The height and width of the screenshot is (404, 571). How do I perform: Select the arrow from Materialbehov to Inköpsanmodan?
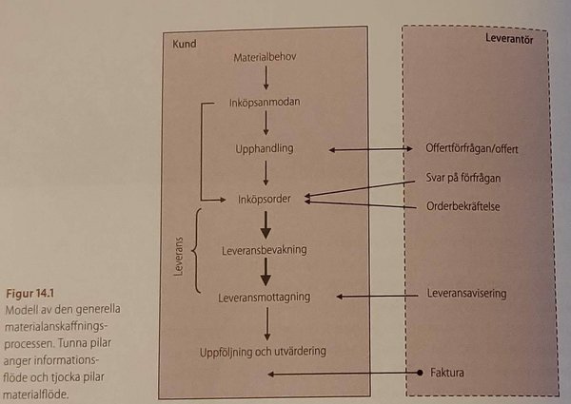click(x=266, y=80)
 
